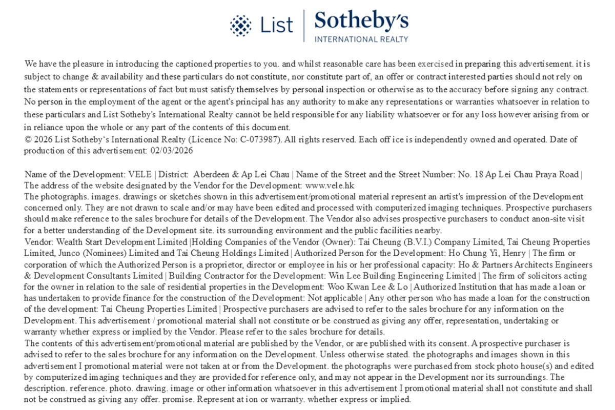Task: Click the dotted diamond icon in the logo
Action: [x=241, y=26]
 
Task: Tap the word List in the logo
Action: [x=277, y=25]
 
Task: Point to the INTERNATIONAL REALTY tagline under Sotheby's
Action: [x=361, y=39]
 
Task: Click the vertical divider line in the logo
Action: [x=304, y=26]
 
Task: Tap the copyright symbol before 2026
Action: [x=28, y=139]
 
